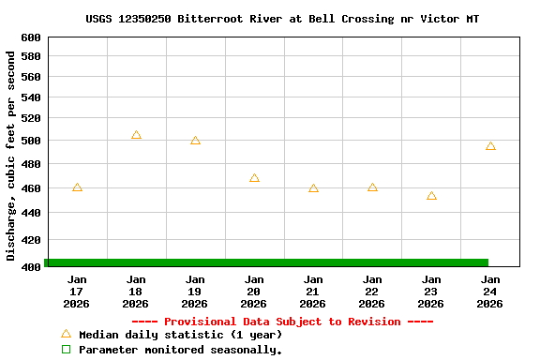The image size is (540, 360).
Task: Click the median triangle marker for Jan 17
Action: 77,187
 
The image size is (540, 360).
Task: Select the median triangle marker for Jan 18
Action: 136,135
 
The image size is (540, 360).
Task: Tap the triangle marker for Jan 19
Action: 195,141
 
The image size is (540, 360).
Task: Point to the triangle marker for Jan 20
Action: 254,177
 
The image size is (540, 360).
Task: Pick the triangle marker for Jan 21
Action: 313,188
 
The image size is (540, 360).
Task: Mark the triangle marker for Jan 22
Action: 372,187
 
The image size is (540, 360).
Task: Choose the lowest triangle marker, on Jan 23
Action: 431,196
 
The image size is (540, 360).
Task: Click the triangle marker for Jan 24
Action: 490,146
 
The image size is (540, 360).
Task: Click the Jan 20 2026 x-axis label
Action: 254,292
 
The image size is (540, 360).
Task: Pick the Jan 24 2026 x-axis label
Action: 490,292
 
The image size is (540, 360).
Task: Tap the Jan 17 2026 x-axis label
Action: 77,292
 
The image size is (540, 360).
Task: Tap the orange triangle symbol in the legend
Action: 66,334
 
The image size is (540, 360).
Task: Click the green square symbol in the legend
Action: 66,350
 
